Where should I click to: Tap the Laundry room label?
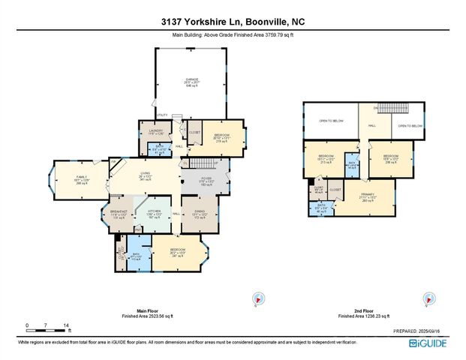[x=156, y=133]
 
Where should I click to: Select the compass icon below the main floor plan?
[x=257, y=298]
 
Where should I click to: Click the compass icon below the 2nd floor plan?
[x=428, y=298]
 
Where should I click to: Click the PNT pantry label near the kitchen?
[x=126, y=202]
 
